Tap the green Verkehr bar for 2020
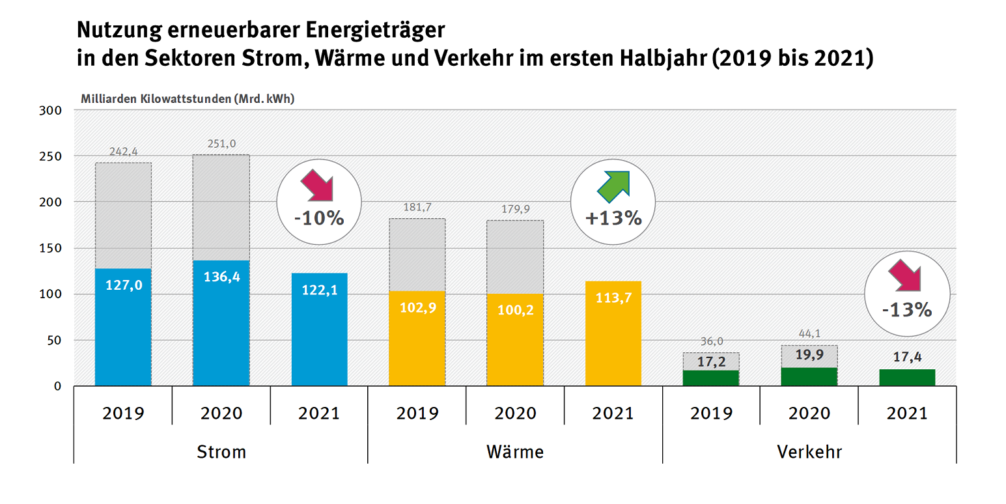(809, 376)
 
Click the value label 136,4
(221, 275)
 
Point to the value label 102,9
(417, 307)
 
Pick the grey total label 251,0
(221, 144)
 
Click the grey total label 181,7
(417, 208)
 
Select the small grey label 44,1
(809, 334)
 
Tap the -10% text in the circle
(318, 218)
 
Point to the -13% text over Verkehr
(907, 310)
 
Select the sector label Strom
(221, 451)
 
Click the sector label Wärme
(515, 451)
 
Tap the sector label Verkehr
(809, 451)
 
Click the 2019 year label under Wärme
(417, 413)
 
